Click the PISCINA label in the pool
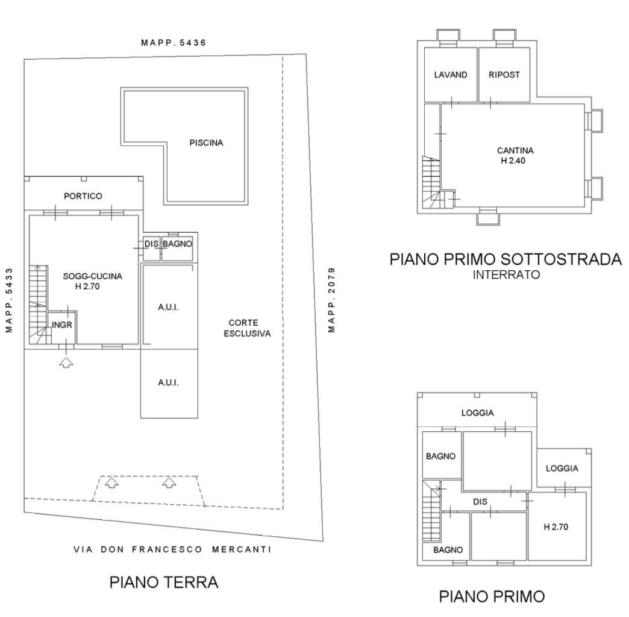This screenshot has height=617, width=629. click(206, 142)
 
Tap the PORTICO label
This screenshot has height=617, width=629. click(83, 196)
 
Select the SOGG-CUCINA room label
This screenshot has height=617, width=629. click(93, 276)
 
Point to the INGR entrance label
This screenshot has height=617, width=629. click(62, 325)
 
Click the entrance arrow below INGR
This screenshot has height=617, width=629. click(66, 362)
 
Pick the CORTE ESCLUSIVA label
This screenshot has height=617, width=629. click(247, 328)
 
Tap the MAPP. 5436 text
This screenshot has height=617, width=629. click(174, 43)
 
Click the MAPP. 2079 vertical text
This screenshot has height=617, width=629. click(331, 300)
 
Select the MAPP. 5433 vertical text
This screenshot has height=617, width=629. click(9, 300)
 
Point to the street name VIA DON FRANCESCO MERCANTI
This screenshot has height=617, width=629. click(172, 549)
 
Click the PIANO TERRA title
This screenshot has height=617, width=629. click(164, 582)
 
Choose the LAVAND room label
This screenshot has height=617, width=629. click(451, 75)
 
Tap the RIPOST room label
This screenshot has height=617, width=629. click(504, 75)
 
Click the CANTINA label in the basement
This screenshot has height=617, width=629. click(516, 151)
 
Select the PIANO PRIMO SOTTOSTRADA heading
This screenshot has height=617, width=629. click(506, 259)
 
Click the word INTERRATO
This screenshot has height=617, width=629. click(506, 275)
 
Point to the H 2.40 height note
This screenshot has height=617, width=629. click(513, 160)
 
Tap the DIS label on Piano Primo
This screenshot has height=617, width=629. click(480, 502)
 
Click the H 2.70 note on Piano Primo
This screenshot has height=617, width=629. click(556, 527)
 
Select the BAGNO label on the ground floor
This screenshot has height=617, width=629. click(177, 244)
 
